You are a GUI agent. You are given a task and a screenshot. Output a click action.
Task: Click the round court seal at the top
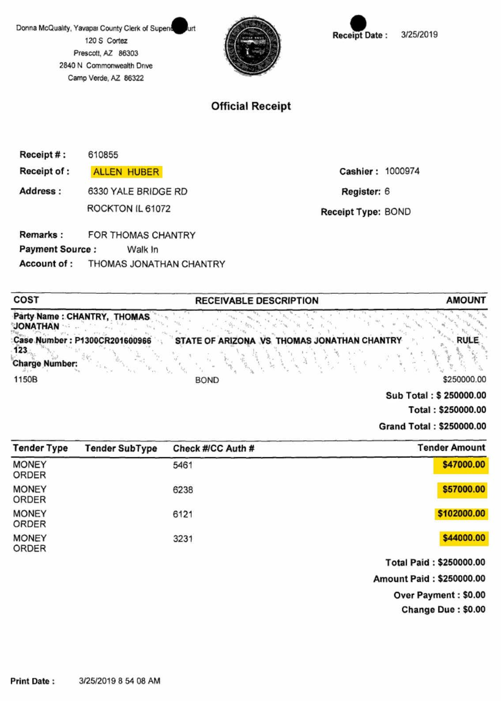(252, 46)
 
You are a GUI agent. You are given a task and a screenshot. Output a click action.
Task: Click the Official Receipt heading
(251, 106)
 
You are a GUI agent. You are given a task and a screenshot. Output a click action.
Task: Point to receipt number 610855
(103, 155)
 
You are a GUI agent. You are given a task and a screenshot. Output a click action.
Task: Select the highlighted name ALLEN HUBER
(126, 172)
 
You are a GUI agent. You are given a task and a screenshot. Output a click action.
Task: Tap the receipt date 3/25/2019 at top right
(419, 35)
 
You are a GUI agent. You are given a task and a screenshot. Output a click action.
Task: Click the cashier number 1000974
(402, 171)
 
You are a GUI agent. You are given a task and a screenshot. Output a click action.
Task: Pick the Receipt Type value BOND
(397, 212)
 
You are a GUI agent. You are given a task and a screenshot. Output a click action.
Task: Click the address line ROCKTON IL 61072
(128, 209)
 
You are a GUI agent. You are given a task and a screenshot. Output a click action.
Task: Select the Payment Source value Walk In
(143, 249)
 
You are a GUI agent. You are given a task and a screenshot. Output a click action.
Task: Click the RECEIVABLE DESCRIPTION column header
(256, 301)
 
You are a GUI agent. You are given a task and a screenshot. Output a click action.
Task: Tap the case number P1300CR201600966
(113, 341)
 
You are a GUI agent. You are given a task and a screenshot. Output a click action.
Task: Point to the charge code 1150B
(26, 380)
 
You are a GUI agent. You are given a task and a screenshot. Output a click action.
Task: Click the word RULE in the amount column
(467, 340)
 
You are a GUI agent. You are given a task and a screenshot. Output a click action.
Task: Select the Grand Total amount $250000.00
(462, 426)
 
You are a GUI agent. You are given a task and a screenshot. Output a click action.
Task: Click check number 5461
(182, 465)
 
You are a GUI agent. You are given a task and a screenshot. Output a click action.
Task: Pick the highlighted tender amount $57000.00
(463, 490)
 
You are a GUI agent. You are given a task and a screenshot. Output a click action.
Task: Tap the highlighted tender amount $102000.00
(461, 514)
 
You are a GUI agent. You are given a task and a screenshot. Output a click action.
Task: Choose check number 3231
(182, 539)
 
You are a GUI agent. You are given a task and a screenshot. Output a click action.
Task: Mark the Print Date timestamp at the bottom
(119, 681)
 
